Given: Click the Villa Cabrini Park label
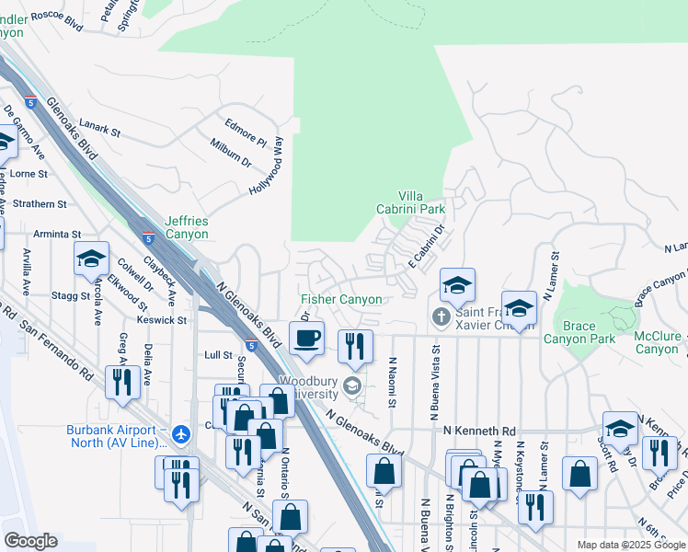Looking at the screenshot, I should tap(421, 202).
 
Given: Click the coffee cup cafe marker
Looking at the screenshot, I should tap(306, 338).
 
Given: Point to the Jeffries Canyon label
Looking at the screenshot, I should tap(187, 227).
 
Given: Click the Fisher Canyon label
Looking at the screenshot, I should tap(341, 299).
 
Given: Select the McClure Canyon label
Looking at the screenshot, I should tap(657, 342).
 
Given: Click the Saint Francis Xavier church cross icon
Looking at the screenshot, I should tap(441, 317).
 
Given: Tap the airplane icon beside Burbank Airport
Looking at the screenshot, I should tap(181, 431).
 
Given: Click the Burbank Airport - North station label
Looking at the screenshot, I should tap(116, 438).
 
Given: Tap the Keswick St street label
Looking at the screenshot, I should tap(162, 321).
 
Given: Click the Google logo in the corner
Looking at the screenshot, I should tap(30, 541).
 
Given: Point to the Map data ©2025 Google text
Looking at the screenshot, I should tap(630, 545).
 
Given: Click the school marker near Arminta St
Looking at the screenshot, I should tap(92, 260).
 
